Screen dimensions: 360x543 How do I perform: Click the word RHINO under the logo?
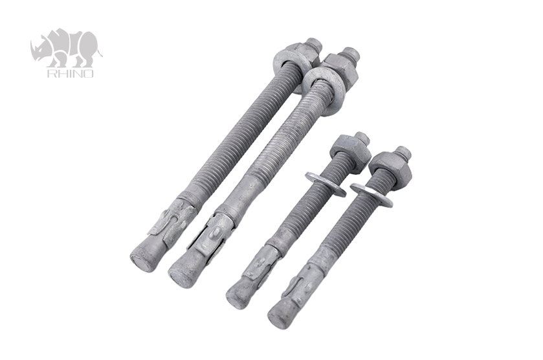pos(70,73)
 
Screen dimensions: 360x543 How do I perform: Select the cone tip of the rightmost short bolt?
pos(281,313)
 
